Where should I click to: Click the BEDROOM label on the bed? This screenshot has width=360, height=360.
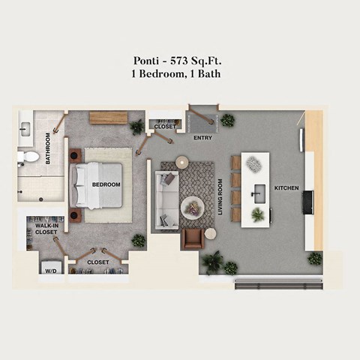pos(106,184)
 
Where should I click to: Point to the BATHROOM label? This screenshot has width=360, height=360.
pos(48,148)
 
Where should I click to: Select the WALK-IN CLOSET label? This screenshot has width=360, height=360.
pos(46,227)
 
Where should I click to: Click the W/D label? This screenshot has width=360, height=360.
pos(51,270)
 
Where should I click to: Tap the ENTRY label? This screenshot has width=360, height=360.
pos(202,138)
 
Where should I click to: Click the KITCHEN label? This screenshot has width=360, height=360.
pos(286,187)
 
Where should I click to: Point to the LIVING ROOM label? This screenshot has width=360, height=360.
pos(221,197)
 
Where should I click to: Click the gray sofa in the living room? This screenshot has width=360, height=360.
pos(166,200)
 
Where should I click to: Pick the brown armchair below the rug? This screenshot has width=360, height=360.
pos(193,238)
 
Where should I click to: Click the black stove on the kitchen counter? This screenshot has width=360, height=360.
pos(308,202)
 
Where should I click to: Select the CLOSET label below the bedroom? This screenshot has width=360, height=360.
pos(97,262)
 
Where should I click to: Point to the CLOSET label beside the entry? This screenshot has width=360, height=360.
pos(165,127)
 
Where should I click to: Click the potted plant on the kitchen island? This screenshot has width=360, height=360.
pos(257,214)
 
